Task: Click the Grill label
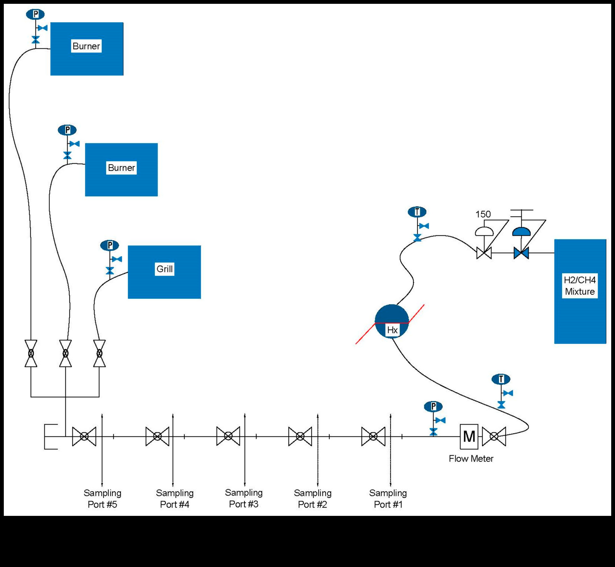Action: pos(164,269)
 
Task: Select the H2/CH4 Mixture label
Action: pos(580,286)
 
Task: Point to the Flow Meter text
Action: pos(471,459)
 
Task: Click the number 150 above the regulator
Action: pos(483,214)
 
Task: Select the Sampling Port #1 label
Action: pos(388,499)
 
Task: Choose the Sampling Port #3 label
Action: pos(244,498)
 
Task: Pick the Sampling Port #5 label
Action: pos(102,499)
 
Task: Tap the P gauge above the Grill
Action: pos(109,246)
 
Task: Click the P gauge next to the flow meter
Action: pos(433,407)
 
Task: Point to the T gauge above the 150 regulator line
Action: pos(417,212)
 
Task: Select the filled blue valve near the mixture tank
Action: pos(521,253)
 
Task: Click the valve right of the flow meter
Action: pos(494,436)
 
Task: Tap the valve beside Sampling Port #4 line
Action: pos(157,436)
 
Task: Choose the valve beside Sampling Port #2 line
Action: pos(300,436)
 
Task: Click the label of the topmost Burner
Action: pos(86,46)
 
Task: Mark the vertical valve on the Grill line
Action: pos(99,354)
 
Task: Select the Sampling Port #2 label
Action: pos(313,499)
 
